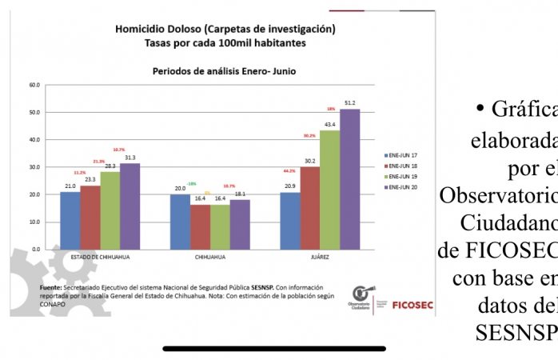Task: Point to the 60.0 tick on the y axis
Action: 34,84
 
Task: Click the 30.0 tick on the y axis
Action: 34,167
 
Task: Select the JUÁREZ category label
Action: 320,258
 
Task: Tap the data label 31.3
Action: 130,157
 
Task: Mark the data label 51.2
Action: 350,102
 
